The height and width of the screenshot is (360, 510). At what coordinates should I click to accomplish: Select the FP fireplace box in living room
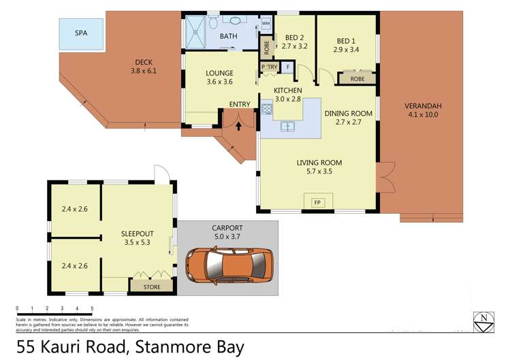coord(317,202)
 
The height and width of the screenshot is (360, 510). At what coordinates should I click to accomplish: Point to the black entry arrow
coord(238,124)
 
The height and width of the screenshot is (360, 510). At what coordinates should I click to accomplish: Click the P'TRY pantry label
coord(268,67)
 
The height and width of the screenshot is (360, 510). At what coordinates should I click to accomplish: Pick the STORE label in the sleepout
coord(152,287)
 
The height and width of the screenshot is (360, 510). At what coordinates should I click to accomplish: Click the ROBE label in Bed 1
coord(357,79)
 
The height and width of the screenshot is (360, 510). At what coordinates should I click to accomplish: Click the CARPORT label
coord(227,228)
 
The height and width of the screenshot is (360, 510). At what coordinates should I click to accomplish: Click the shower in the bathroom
coord(199,30)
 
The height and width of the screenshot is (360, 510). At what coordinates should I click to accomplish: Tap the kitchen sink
coord(289,126)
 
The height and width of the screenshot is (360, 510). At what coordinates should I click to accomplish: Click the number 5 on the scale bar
coord(91,308)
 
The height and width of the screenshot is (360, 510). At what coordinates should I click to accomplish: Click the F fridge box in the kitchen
coord(287,67)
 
